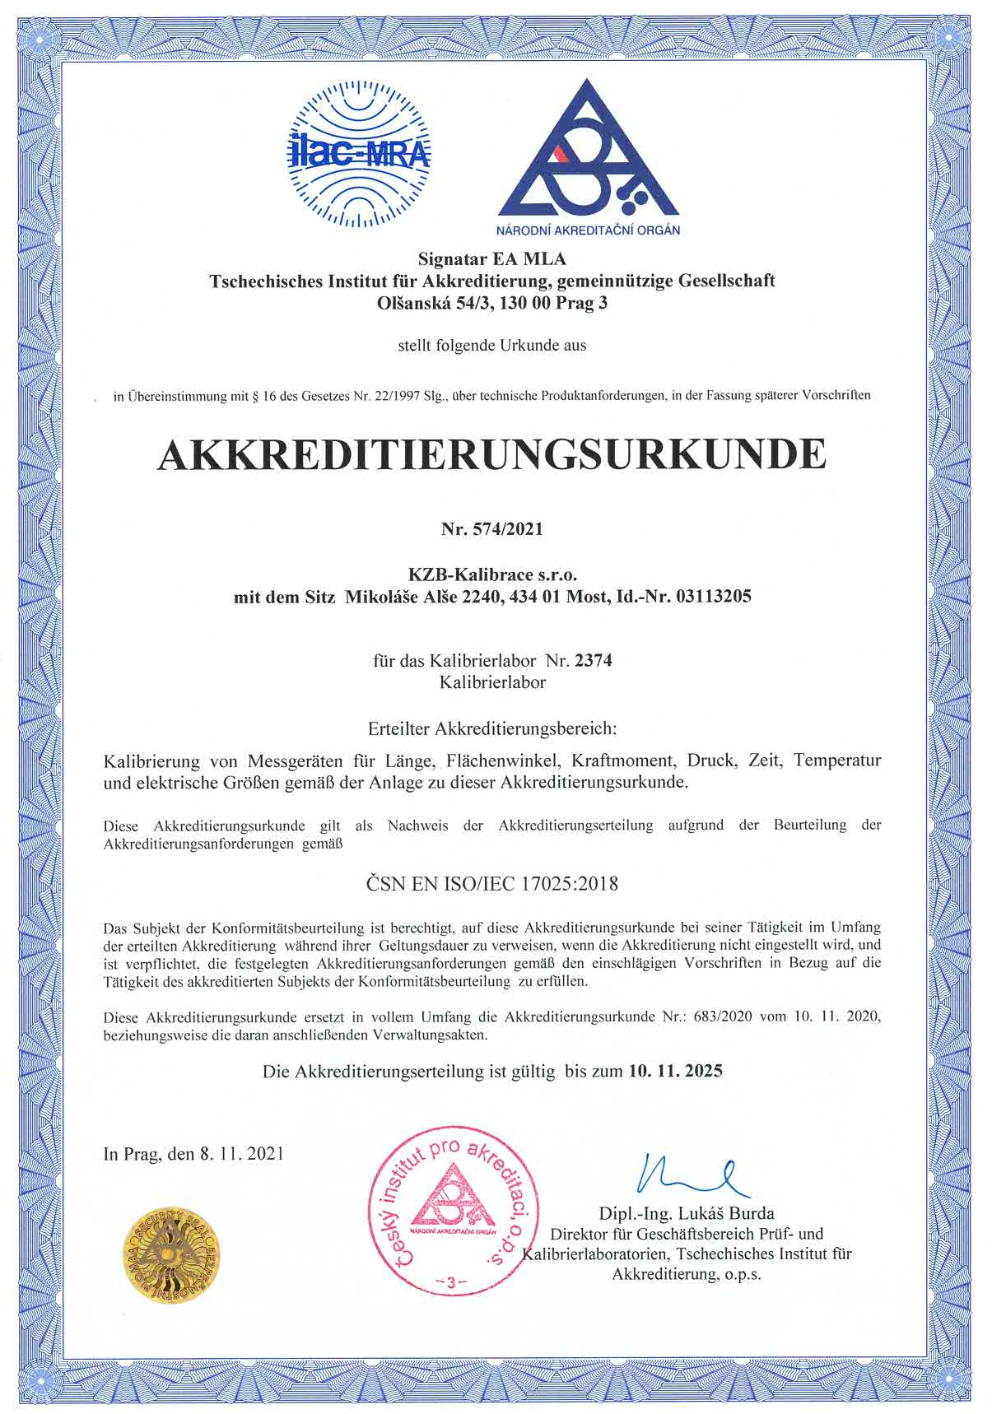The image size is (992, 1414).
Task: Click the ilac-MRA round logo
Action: [x=360, y=155]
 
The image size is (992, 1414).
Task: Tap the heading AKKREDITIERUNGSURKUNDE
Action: [x=491, y=454]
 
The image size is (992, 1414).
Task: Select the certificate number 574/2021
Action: [x=509, y=529]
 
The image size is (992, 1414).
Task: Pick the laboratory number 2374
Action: [x=594, y=660]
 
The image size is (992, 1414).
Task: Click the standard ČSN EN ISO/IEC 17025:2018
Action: [x=491, y=884]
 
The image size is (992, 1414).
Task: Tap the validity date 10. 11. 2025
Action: [x=675, y=1071]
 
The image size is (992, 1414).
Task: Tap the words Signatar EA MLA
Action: [x=492, y=259]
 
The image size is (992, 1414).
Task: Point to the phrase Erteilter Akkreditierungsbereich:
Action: [x=492, y=728]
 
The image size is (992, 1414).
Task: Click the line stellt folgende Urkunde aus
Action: [x=491, y=346]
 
